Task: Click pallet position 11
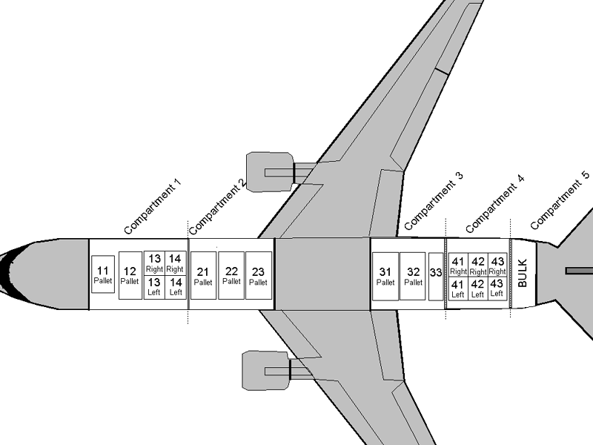[x=104, y=274]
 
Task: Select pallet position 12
[x=130, y=275]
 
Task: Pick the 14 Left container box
[x=176, y=286]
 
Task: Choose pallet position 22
[x=231, y=275]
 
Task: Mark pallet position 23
[x=258, y=275]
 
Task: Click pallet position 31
[x=385, y=276]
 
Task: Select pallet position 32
[x=413, y=276]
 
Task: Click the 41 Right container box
[x=458, y=265]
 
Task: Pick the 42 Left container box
[x=478, y=288]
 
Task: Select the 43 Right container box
[x=498, y=265]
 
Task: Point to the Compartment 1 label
[x=152, y=206]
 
